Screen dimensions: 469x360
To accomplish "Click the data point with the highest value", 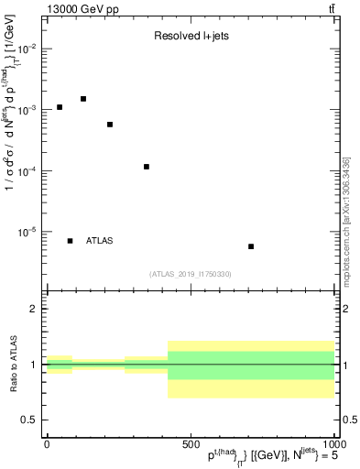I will [x=83, y=99].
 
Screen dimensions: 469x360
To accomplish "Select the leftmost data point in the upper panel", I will [x=60, y=107].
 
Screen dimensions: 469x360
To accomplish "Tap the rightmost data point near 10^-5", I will [x=251, y=246].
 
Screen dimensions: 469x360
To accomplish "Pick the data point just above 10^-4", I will [x=147, y=167].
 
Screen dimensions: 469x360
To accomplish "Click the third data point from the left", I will [x=110, y=125].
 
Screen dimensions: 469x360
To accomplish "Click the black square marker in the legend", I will [x=71, y=241].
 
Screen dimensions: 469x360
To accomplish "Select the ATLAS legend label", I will [x=100, y=241].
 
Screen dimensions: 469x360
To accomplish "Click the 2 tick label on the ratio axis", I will [x=34, y=310].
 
